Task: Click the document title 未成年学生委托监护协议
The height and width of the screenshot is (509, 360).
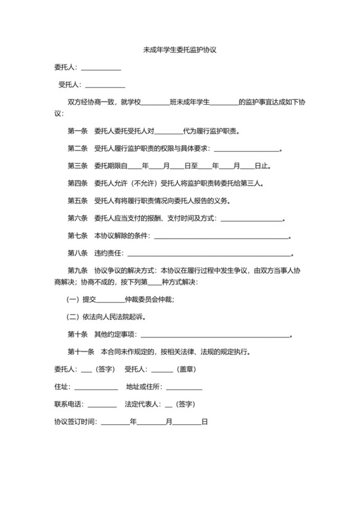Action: coord(179,49)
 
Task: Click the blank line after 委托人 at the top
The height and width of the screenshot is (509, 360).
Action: coord(100,68)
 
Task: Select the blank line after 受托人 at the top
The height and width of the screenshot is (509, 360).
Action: coord(105,85)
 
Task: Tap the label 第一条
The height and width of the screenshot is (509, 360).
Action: coord(77,132)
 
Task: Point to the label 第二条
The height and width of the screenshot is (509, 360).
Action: coord(77,148)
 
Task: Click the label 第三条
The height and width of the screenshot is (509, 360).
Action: coord(77,166)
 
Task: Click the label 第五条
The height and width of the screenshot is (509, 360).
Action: coord(77,201)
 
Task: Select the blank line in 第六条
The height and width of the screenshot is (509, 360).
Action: coord(252,219)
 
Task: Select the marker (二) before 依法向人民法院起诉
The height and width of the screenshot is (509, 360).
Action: coord(73,317)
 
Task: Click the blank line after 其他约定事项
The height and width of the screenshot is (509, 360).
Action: coord(215,334)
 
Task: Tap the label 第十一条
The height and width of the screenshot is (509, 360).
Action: coord(81,352)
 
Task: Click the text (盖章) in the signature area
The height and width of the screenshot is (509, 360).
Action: coord(191,370)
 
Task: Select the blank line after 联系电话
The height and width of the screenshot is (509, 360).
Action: coord(102,405)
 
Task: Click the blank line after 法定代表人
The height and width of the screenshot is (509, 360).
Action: coord(169,405)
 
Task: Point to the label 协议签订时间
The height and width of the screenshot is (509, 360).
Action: coord(75,422)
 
